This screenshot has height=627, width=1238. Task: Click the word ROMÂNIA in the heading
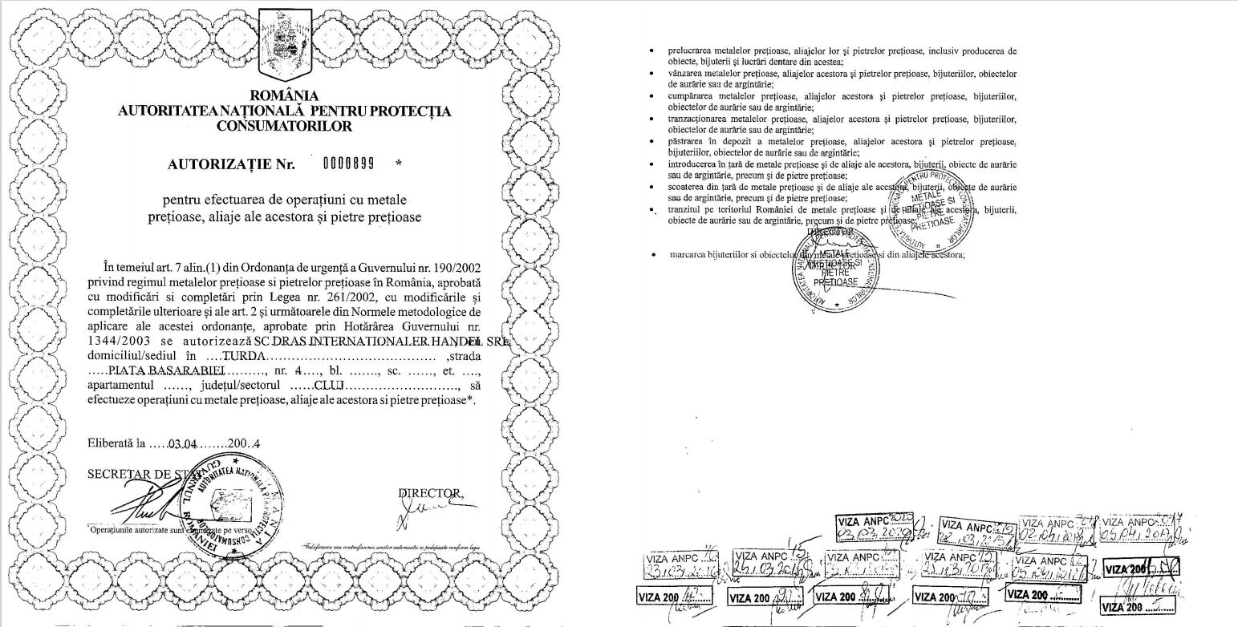coord(284,96)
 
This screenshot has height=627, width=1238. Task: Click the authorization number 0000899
coord(348,164)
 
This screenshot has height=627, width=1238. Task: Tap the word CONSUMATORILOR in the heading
coord(284,126)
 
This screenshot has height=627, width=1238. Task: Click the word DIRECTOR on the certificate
coord(430,491)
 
